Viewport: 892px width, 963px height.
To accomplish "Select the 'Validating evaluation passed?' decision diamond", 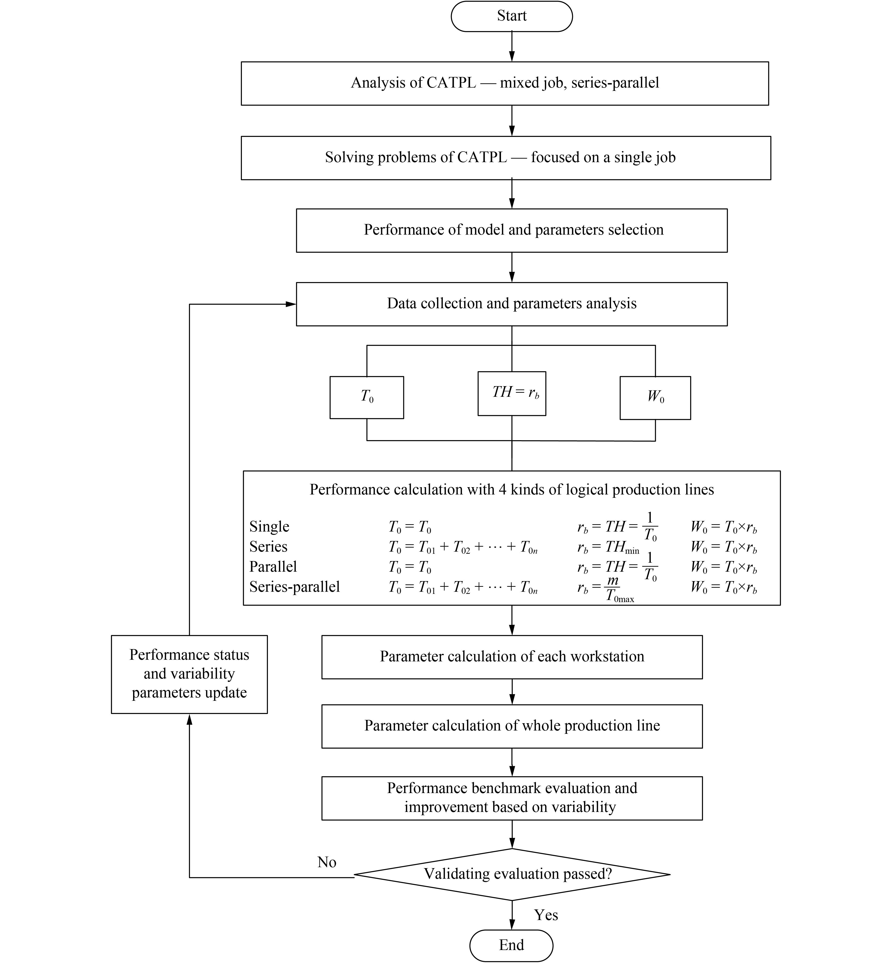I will click(x=512, y=874).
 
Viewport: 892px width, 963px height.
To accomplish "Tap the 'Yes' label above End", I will click(x=546, y=915).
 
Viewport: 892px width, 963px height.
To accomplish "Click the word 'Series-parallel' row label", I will click(x=295, y=587).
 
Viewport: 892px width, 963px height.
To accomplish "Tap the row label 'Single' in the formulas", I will click(x=269, y=526).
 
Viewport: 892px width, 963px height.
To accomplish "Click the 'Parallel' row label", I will click(x=273, y=566).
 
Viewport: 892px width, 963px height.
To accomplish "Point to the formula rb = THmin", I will click(x=608, y=547).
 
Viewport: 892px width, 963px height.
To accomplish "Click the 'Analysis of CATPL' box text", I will click(x=505, y=83).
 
